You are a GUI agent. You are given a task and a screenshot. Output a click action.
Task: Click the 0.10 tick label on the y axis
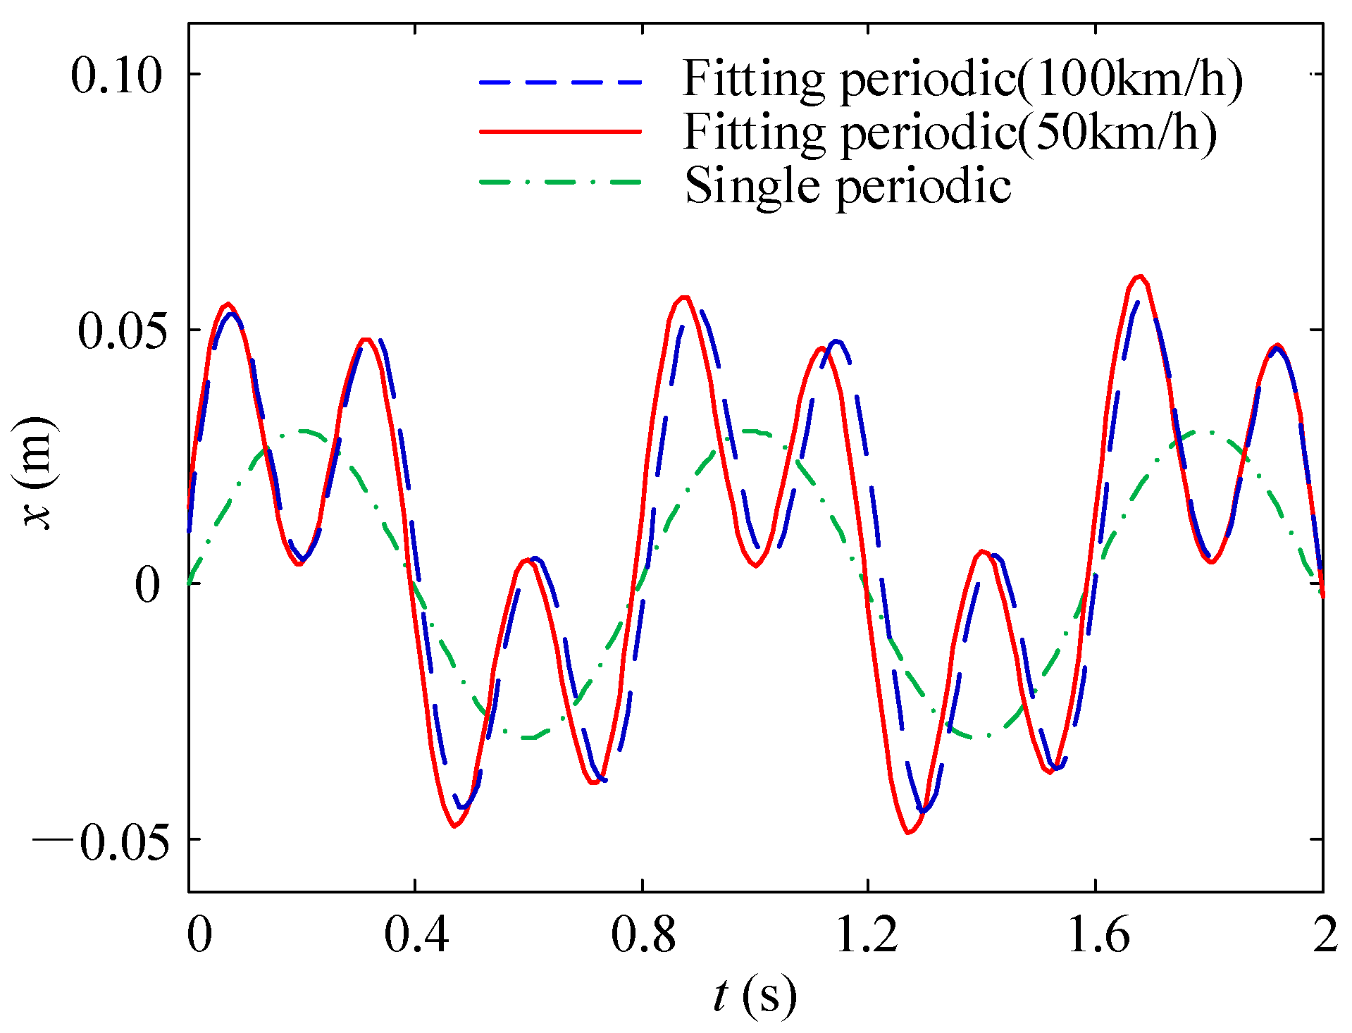[116, 76]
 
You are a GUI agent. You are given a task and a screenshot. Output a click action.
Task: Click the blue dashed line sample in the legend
[561, 82]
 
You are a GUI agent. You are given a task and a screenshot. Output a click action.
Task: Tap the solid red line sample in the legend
[561, 131]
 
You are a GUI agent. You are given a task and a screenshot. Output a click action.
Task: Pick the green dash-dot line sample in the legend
[561, 183]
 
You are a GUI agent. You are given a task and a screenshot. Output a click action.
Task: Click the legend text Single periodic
[848, 186]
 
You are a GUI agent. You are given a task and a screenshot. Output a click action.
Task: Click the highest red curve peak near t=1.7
[1140, 276]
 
